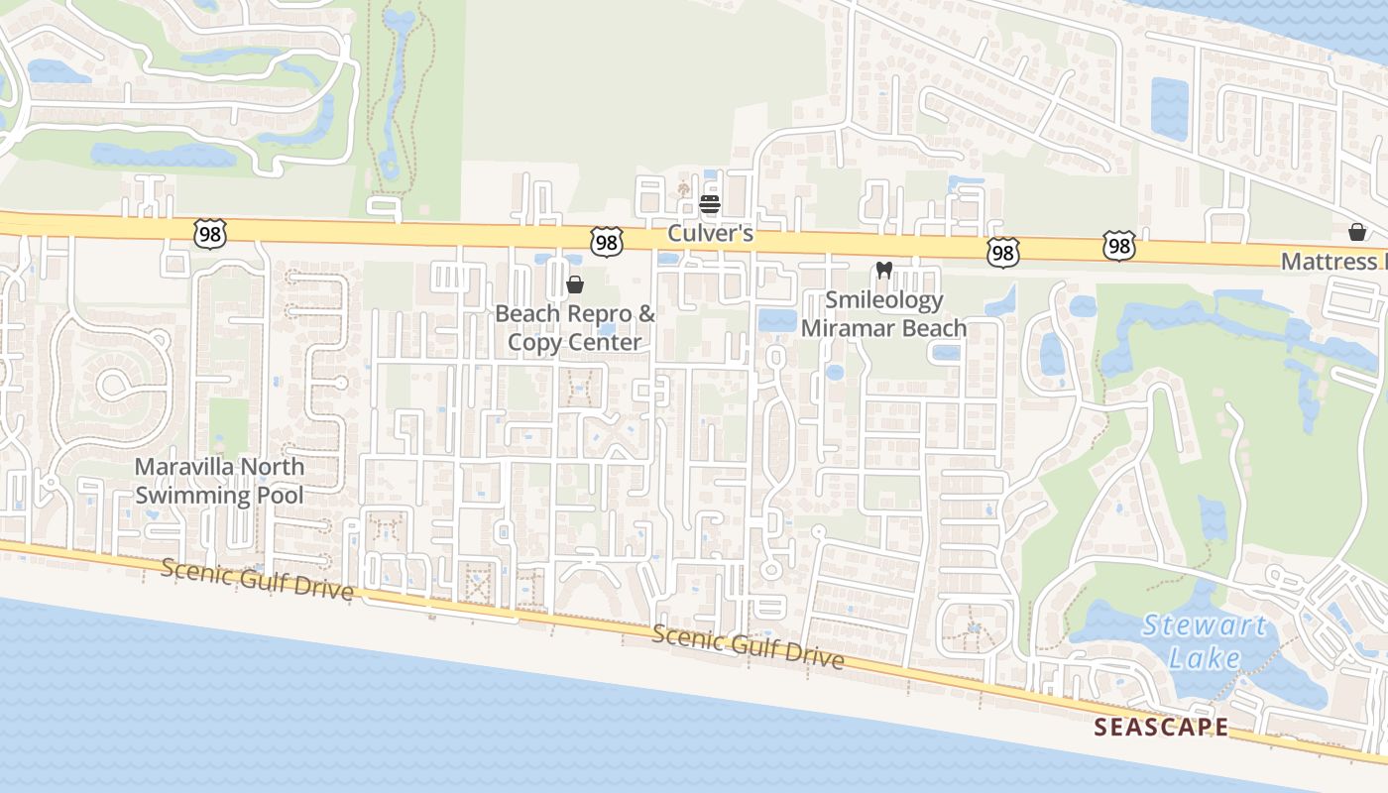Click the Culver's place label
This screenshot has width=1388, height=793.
(710, 234)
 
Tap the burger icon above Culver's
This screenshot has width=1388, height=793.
(709, 205)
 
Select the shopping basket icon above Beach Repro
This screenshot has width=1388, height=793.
(574, 285)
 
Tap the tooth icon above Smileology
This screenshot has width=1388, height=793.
(884, 270)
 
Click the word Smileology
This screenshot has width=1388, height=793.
(884, 299)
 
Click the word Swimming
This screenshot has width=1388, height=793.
(196, 495)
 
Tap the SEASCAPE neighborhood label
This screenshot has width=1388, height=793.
(1161, 728)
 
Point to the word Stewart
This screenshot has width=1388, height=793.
(1205, 626)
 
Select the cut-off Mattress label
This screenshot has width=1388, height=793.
(1333, 261)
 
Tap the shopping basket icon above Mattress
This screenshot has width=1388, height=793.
(1357, 232)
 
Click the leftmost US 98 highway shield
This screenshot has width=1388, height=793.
(211, 234)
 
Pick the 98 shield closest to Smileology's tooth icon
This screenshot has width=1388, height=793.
(1002, 253)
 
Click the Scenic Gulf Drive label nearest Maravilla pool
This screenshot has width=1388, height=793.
(257, 579)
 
